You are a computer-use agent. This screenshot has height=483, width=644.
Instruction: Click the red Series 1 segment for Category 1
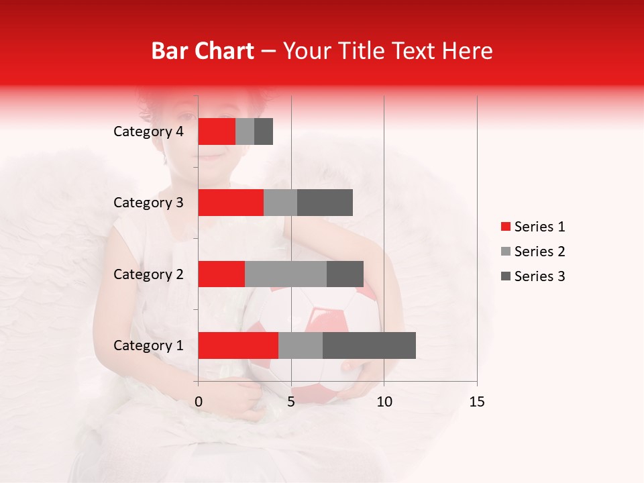(238, 345)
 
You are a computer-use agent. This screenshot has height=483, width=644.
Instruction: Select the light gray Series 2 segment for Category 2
(286, 274)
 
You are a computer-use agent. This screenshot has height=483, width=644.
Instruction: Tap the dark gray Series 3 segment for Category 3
(325, 203)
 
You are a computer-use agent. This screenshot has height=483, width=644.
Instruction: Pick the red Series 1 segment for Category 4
(217, 131)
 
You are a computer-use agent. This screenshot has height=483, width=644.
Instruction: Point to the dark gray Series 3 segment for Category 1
(369, 345)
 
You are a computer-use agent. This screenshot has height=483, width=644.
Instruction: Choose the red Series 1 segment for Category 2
(221, 274)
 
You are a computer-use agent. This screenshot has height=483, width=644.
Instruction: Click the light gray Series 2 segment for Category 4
(245, 131)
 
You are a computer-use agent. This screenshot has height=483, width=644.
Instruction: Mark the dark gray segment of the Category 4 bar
(264, 131)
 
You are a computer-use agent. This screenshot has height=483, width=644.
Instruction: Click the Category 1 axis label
(148, 345)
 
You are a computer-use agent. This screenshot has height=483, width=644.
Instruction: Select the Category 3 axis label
(148, 203)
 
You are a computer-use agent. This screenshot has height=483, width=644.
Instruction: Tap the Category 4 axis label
(148, 131)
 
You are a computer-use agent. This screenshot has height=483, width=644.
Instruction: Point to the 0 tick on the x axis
(199, 402)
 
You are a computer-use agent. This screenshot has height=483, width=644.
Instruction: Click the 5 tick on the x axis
(291, 402)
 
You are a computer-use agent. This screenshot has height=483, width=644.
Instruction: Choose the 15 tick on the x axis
(476, 402)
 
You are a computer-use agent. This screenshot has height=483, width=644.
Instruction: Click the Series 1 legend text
(539, 227)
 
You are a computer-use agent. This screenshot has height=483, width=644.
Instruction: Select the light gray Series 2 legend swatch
(506, 252)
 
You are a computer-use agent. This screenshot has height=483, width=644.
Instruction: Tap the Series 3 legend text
(539, 276)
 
